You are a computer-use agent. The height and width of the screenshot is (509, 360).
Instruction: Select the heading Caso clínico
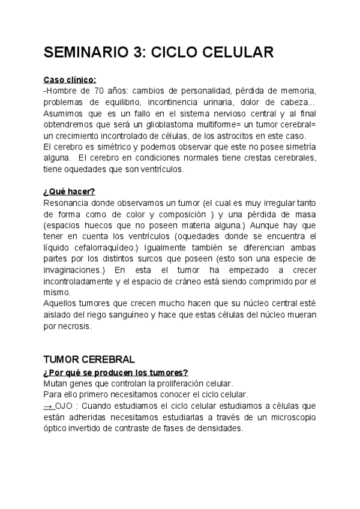[70, 80]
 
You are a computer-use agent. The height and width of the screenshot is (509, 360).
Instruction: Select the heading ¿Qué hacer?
[69, 191]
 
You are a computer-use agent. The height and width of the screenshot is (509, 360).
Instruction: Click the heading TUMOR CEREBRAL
[89, 360]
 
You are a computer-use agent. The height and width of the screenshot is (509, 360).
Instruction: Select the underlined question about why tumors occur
[116, 372]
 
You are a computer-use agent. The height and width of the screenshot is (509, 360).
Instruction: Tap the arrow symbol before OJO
[49, 406]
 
